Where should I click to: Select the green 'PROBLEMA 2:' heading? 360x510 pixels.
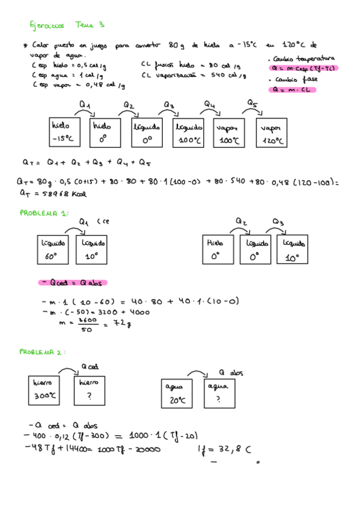[x=42, y=351]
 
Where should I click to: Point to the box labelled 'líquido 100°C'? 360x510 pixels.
[x=189, y=132]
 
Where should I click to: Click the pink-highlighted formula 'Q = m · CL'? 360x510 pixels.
[x=294, y=90]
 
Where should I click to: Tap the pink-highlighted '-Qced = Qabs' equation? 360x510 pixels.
[x=73, y=282]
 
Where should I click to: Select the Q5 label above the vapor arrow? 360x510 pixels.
[x=252, y=103]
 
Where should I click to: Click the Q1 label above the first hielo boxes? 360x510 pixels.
[x=85, y=104]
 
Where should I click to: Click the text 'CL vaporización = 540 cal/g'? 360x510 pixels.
[x=194, y=75]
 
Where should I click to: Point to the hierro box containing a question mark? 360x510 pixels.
[x=90, y=389]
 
